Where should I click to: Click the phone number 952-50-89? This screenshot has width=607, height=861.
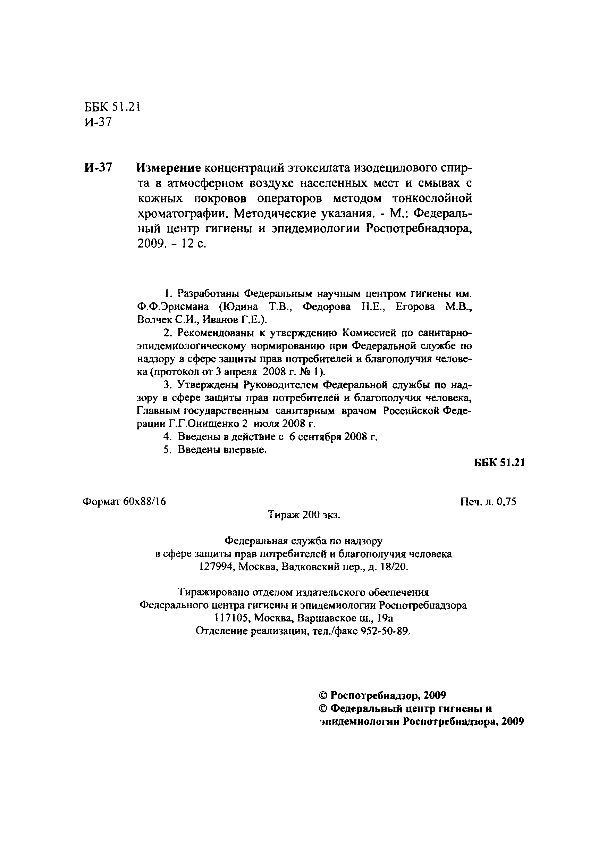[x=384, y=631]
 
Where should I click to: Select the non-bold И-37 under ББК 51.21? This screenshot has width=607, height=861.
[x=98, y=122]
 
